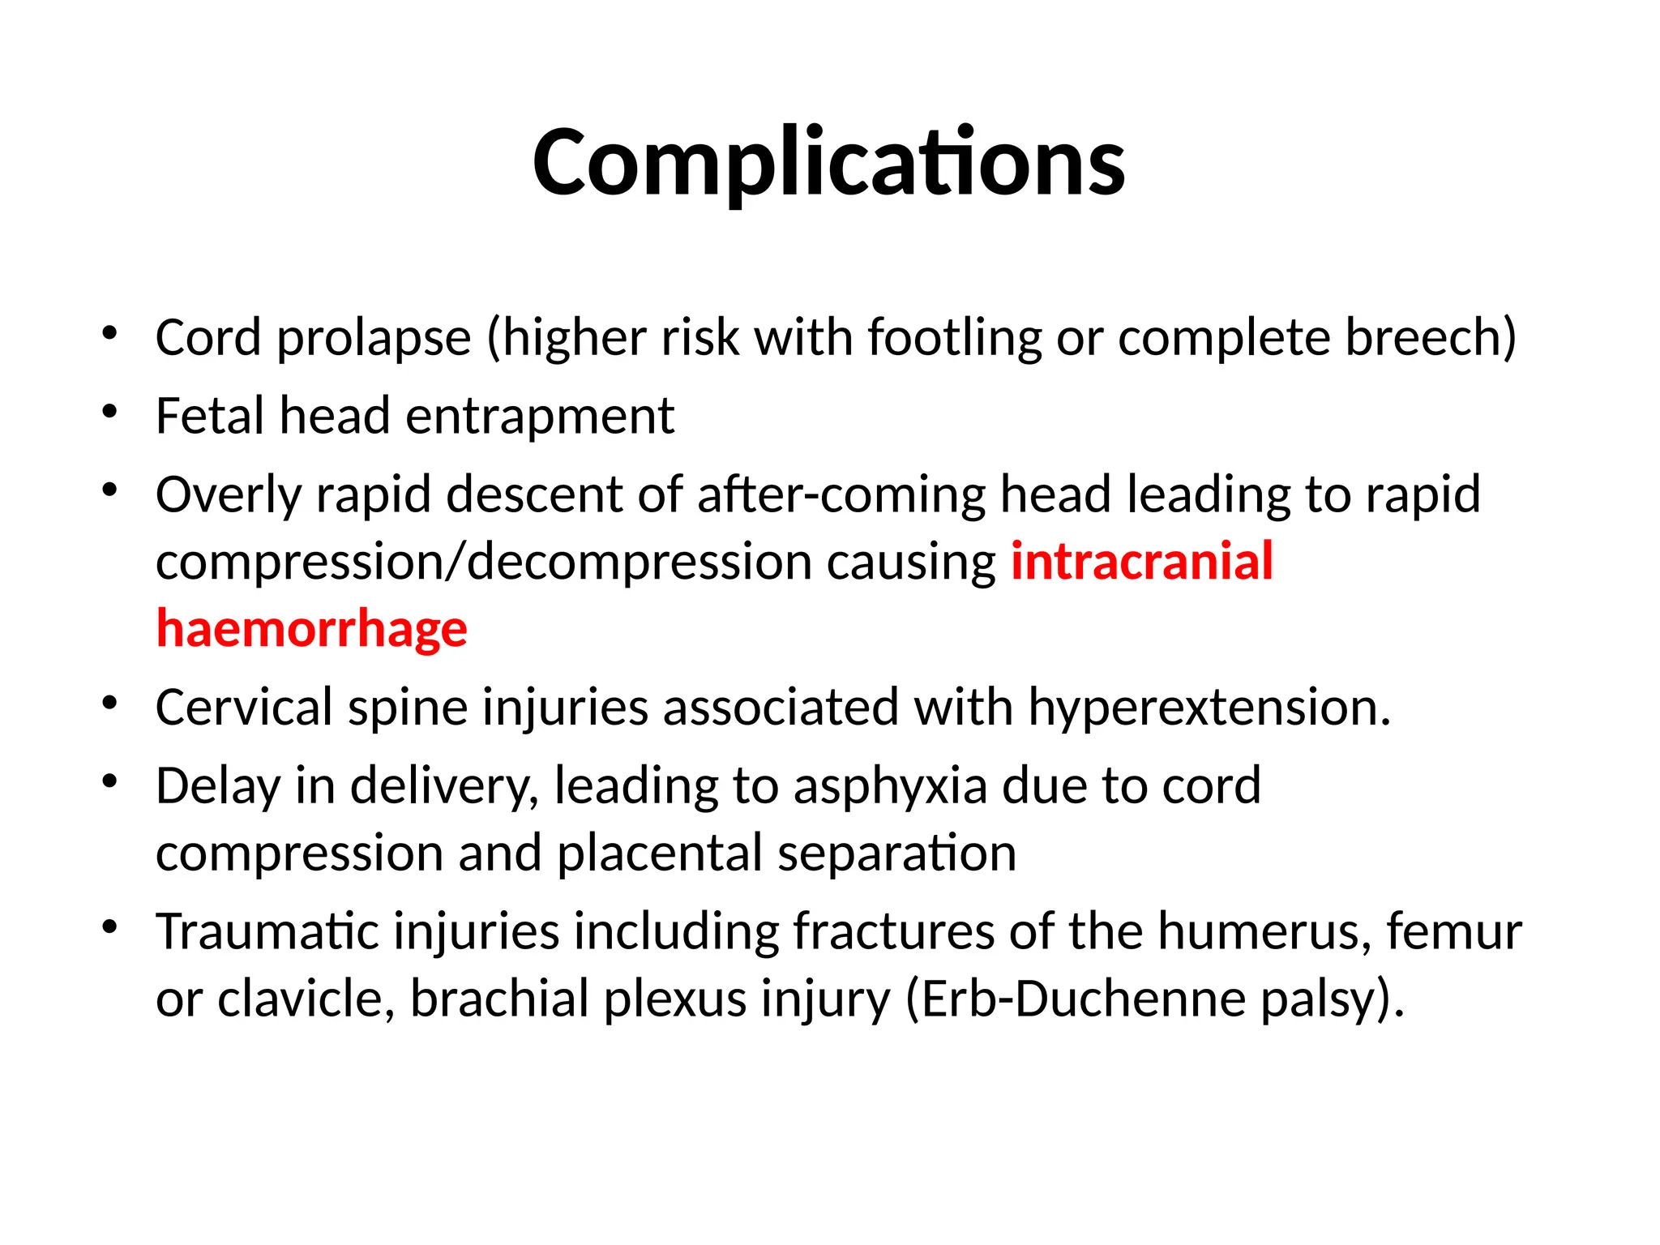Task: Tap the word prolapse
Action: [x=374, y=338]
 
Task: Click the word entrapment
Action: [x=539, y=417]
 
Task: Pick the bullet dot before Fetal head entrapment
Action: [x=110, y=411]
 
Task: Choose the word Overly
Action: [x=228, y=495]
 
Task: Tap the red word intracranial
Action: [x=1141, y=561]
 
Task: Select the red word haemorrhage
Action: [x=312, y=629]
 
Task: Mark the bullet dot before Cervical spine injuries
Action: [x=110, y=702]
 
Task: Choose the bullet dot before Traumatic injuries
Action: [x=110, y=926]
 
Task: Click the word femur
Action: [x=1453, y=931]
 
